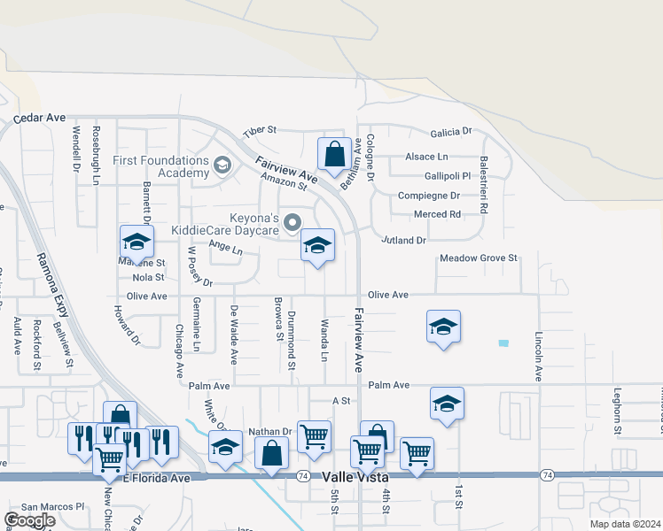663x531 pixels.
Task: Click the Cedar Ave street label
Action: click(39, 117)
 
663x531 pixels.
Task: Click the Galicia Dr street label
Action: click(451, 132)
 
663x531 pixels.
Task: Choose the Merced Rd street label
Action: click(437, 214)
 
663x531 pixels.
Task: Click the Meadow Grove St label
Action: click(479, 258)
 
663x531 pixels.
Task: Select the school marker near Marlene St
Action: click(137, 242)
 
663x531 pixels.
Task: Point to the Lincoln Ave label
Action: click(538, 357)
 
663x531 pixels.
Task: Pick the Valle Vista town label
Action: click(353, 476)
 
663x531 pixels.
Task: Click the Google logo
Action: click(29, 520)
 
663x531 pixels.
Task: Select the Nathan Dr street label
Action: click(269, 431)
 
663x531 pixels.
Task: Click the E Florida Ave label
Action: click(156, 478)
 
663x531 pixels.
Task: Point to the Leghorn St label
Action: click(616, 412)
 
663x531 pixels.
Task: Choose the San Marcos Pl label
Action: click(52, 507)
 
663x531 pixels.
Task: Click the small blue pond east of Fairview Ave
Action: click(504, 343)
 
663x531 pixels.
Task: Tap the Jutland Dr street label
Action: click(404, 240)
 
